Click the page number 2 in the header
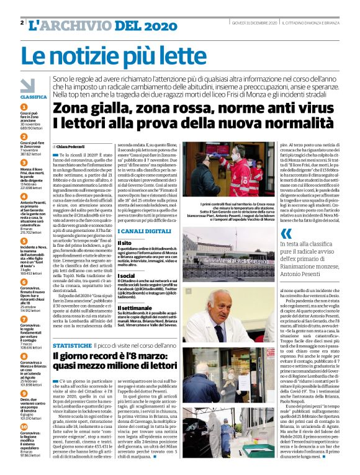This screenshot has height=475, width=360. tap(22, 23)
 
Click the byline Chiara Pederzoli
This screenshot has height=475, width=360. tap(74, 147)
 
